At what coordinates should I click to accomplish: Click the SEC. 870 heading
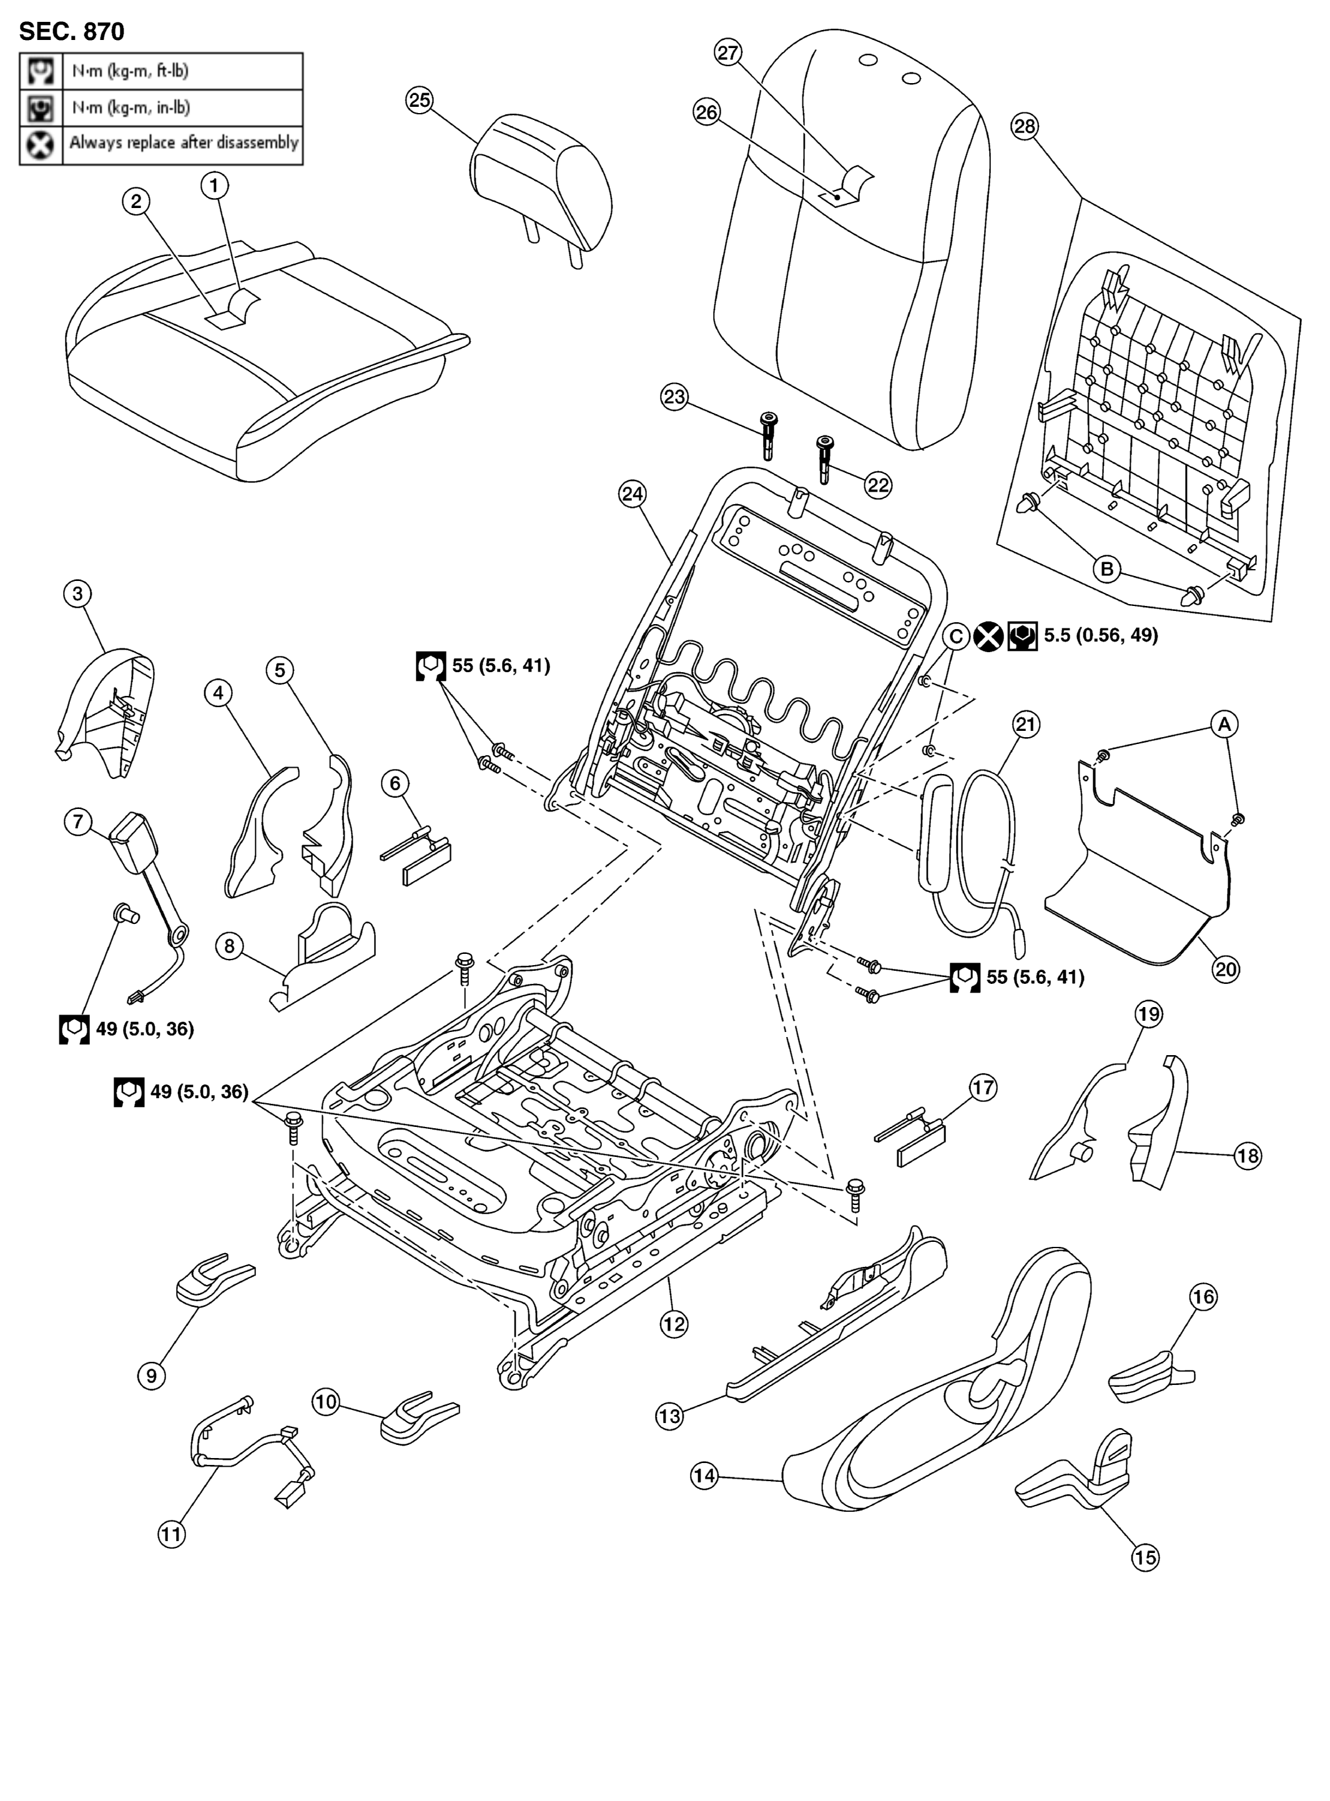[72, 31]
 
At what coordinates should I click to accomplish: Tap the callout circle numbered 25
[420, 100]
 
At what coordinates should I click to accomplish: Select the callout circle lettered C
[955, 637]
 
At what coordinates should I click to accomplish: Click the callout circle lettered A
[1224, 724]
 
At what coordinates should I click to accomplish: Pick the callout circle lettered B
[1107, 570]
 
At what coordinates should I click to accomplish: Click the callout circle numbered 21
[1026, 724]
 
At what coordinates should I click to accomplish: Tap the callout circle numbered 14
[704, 1476]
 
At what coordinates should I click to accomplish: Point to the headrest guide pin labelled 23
[768, 434]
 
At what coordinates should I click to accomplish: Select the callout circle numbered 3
[77, 593]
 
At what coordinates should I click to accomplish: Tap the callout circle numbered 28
[1024, 126]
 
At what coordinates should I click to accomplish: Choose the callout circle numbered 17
[983, 1088]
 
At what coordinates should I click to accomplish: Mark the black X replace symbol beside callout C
[988, 637]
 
